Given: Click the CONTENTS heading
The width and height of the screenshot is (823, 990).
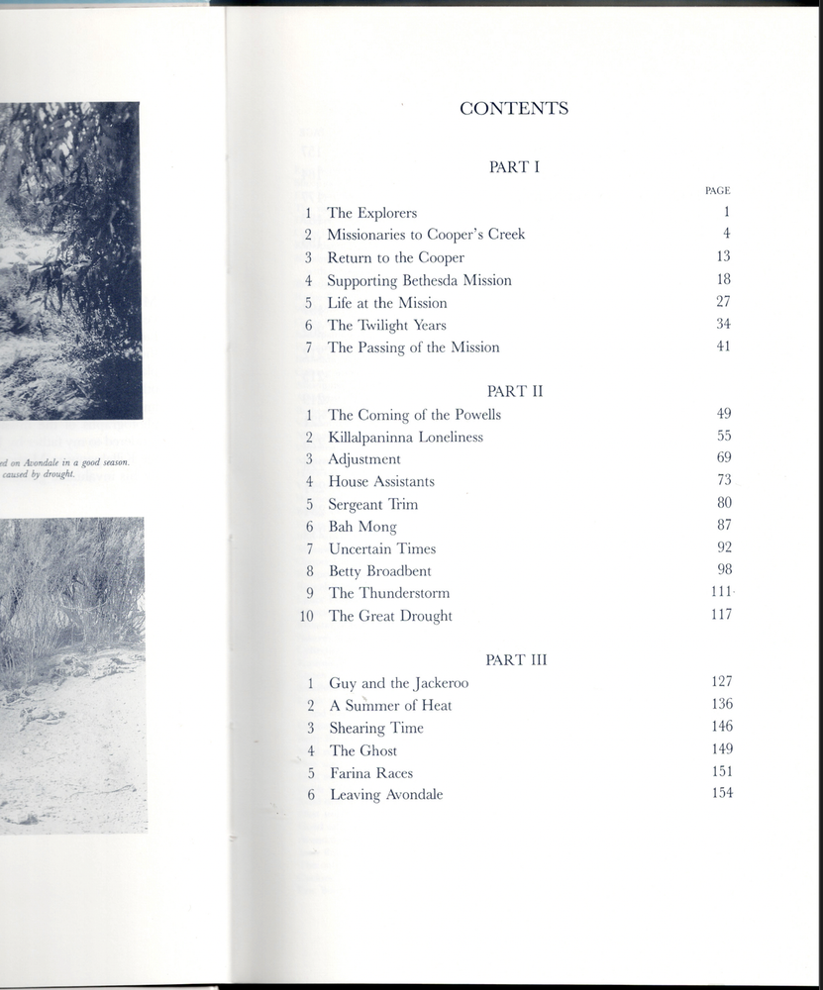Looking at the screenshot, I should coord(514,109).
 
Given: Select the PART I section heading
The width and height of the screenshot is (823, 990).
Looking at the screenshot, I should coord(514,167).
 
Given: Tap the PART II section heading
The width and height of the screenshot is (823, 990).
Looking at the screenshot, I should coord(515,391).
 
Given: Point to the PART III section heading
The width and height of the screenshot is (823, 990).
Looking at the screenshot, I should coord(515,659).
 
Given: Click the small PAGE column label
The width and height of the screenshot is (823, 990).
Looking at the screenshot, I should coord(717,190).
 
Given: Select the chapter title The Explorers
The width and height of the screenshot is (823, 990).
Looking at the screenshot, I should coord(372,213).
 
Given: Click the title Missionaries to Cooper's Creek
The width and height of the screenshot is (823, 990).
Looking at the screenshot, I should coord(426,235).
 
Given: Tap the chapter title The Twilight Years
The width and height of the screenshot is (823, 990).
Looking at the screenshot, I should coord(387,325).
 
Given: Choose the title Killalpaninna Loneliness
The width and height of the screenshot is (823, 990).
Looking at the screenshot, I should coord(406,437).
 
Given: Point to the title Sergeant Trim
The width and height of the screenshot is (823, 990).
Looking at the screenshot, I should coord(373,504).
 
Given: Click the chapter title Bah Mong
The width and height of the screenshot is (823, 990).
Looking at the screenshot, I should coord(362,527).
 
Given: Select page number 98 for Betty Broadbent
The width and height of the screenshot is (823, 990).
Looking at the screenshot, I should coord(724,569).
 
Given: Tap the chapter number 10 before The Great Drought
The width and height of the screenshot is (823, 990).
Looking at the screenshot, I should coord(306,616).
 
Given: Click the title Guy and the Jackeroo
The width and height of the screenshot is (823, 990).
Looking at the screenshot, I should coord(399,683).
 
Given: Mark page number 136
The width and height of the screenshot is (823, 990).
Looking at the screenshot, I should coord(722,704).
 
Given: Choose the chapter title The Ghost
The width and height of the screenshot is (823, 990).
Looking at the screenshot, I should coord(363,750).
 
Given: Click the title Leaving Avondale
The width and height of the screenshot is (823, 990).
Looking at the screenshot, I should coord(386,795).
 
